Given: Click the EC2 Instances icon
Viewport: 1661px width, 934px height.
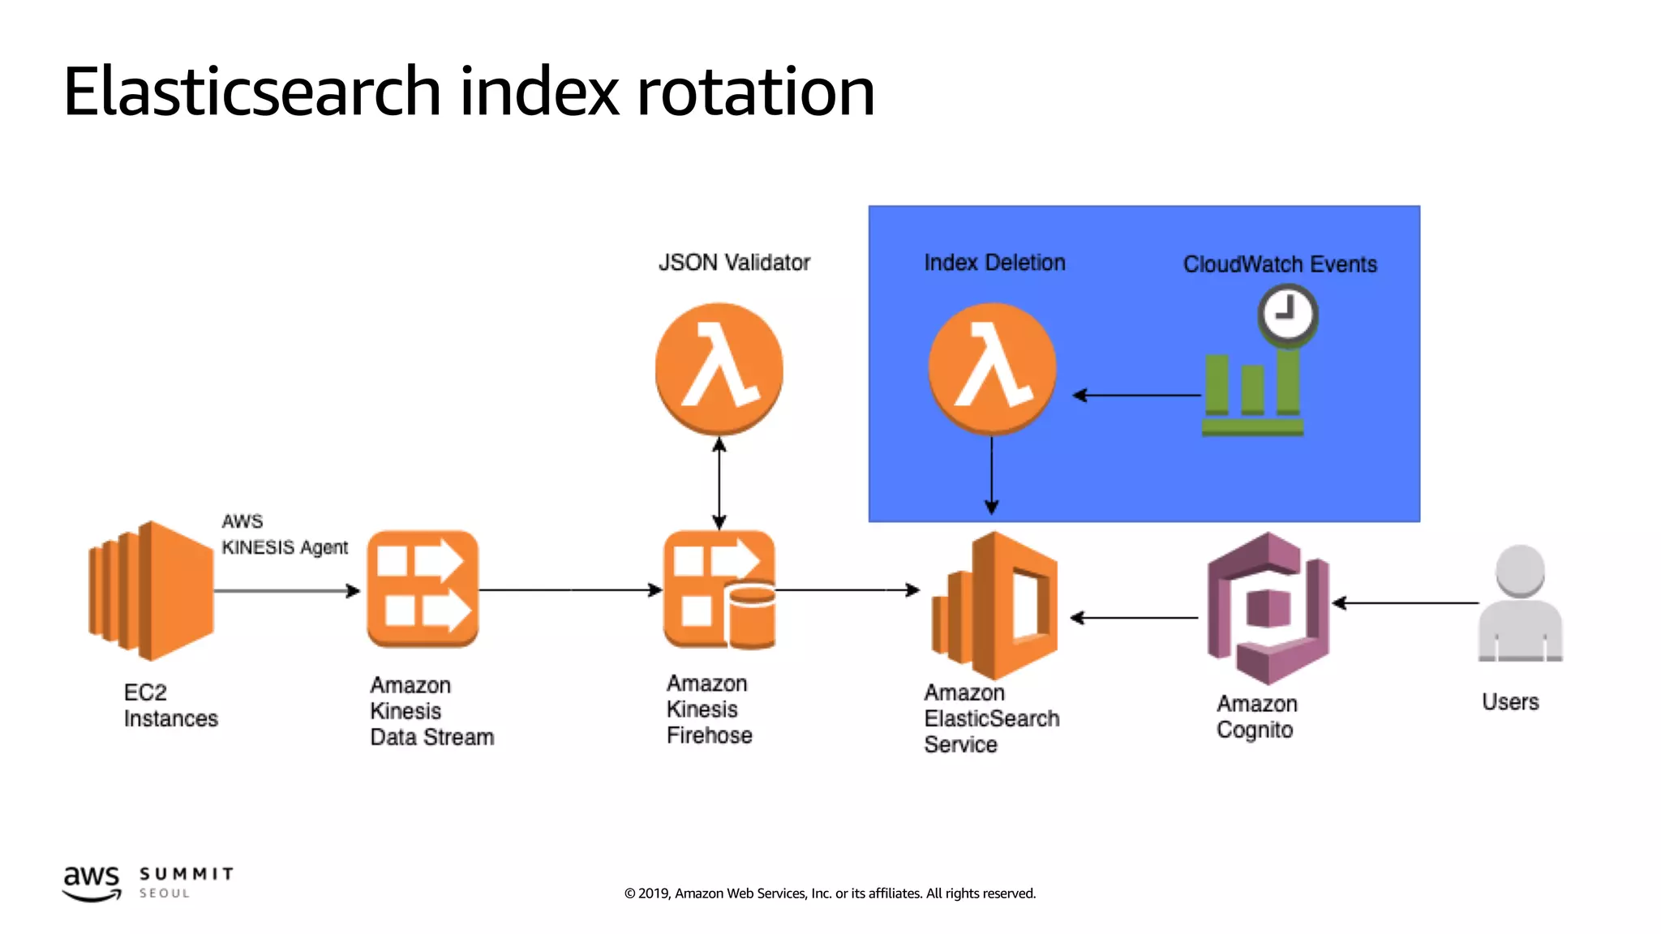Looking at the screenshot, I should [151, 590].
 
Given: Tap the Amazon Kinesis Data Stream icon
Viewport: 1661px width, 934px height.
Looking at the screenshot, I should [423, 589].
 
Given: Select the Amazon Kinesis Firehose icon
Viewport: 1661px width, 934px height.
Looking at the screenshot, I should [719, 589].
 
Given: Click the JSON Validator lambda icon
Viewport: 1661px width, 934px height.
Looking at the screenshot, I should [719, 368].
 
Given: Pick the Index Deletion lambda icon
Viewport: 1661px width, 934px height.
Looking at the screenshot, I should [992, 368].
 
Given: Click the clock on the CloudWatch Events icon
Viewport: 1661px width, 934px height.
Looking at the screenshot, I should [1287, 314].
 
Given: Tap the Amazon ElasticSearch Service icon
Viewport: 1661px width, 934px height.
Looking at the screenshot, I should [994, 605].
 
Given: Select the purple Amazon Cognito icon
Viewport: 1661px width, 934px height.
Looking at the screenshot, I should [1268, 607].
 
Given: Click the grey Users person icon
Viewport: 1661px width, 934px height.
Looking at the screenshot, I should [1520, 604].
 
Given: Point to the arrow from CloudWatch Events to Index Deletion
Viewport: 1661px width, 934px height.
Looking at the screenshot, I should [1135, 396].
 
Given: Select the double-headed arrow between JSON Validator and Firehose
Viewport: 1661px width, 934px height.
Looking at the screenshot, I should [719, 483].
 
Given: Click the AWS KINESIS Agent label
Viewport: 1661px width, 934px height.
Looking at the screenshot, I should [284, 535].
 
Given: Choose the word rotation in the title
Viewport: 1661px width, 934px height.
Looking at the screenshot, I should [755, 92].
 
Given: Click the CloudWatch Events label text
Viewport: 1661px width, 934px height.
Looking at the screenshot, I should [1280, 264].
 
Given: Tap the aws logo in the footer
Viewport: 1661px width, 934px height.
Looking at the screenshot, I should [92, 882].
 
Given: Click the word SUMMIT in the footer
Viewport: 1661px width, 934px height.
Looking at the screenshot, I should [187, 874].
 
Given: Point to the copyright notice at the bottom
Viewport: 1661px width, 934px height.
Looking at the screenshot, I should [830, 893].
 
